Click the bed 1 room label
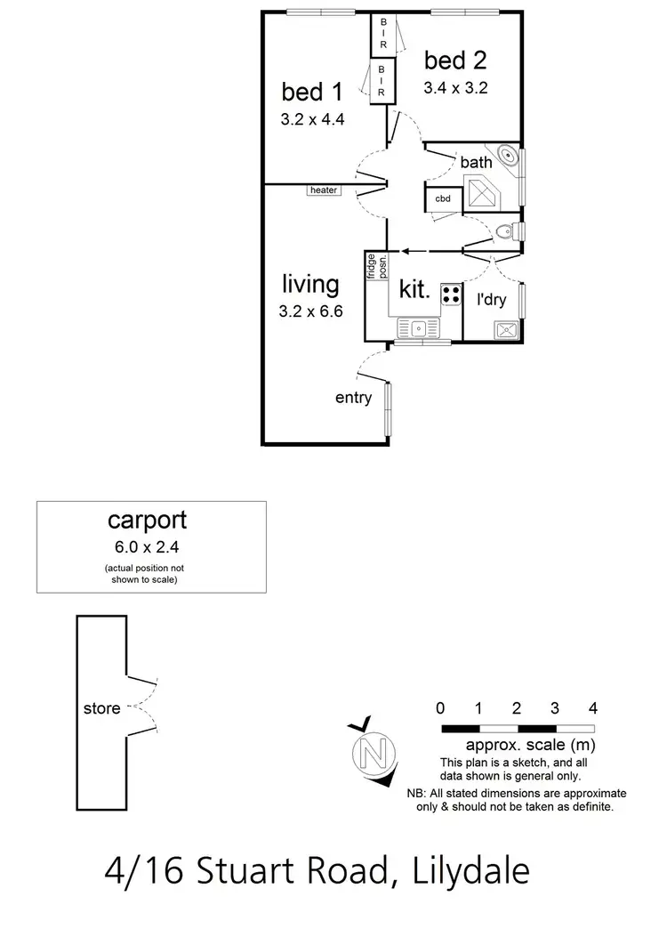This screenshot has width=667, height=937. pos(309,92)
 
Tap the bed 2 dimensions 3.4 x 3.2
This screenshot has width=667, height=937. pos(456,88)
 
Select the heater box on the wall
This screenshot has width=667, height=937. pos(323,190)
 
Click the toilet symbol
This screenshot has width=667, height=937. pos(505,232)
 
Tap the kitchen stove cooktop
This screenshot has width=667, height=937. pos(451,294)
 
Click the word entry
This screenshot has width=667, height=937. pos(353,398)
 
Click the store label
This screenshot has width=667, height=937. pos(101,709)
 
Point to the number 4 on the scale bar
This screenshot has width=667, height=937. pos(592,708)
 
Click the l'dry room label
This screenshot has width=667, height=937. pos(491,300)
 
